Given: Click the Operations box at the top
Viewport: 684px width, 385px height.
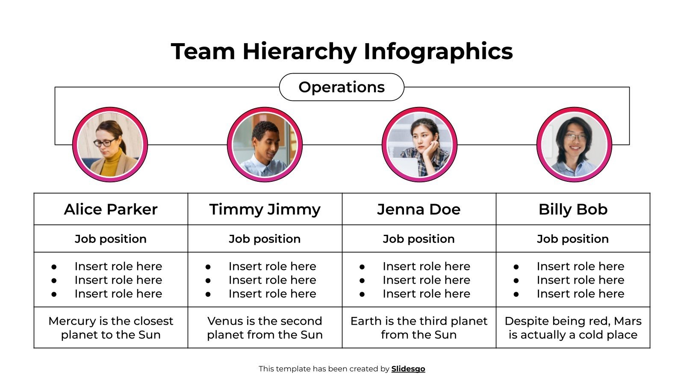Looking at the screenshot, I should click(x=341, y=87).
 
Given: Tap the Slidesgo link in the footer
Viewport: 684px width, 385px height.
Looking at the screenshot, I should click(x=408, y=369).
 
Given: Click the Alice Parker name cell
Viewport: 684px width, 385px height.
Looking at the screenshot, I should click(x=111, y=209).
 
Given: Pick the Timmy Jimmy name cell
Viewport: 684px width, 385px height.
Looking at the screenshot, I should click(x=265, y=209).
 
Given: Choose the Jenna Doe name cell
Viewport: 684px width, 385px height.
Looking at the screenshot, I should click(x=419, y=209).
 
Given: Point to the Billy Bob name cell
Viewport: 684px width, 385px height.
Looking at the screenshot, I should click(x=573, y=209).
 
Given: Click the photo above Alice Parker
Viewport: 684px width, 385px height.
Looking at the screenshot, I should click(x=110, y=145).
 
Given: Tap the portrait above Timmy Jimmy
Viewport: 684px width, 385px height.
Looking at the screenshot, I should click(x=265, y=145).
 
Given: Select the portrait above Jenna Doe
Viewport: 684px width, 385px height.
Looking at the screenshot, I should click(x=419, y=145).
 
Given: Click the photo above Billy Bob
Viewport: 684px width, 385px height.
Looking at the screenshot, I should click(x=574, y=145).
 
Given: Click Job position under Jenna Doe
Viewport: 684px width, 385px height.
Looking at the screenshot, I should click(x=419, y=239).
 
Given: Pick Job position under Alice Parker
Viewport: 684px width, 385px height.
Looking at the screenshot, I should click(x=111, y=239).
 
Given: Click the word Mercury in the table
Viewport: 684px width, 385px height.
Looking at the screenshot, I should click(x=72, y=321).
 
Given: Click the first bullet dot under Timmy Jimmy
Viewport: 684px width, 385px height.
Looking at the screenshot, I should click(x=208, y=267).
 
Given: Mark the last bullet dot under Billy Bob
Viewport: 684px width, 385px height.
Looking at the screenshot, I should click(x=516, y=294).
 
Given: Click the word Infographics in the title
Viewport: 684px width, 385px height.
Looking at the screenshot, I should click(x=438, y=51).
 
